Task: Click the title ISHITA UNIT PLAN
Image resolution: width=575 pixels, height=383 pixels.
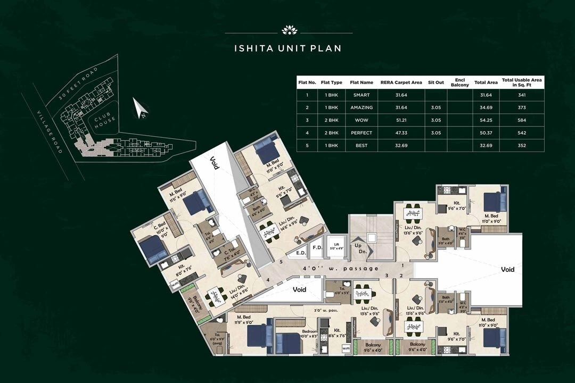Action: point(287,48)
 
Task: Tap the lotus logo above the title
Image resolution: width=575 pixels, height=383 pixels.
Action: point(288,29)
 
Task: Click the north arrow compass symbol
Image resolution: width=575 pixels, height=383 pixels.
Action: point(141,109)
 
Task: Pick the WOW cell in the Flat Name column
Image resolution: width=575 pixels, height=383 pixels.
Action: point(362,120)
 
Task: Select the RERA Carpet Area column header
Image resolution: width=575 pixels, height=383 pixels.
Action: point(401,82)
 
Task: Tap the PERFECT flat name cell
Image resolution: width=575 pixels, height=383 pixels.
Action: point(362,132)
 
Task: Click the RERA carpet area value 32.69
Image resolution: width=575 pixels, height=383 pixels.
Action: point(401,145)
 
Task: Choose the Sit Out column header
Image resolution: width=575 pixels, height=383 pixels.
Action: point(436,82)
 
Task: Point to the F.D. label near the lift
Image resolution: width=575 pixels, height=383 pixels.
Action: point(317,247)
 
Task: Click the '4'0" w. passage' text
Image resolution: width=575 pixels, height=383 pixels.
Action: point(341,269)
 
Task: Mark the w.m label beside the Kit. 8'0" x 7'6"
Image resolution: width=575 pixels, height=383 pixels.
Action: point(175,284)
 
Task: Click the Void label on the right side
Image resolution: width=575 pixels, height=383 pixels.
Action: point(507,270)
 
